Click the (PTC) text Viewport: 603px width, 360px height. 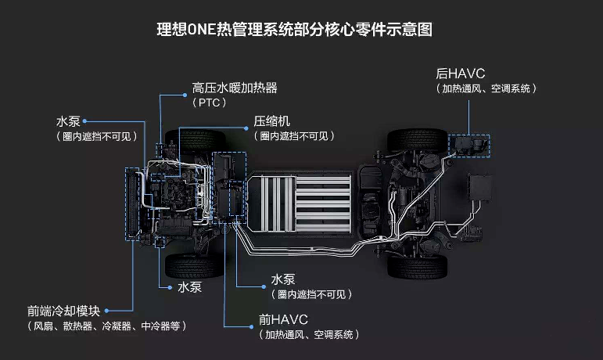tap(209, 103)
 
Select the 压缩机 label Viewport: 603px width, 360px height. tap(272, 121)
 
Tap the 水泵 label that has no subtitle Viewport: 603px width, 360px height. tap(190, 287)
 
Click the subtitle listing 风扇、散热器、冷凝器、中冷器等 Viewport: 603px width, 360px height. tap(107, 326)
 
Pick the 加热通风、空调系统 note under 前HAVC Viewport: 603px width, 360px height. tap(308, 335)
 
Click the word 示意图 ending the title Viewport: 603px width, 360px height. tap(410, 31)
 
